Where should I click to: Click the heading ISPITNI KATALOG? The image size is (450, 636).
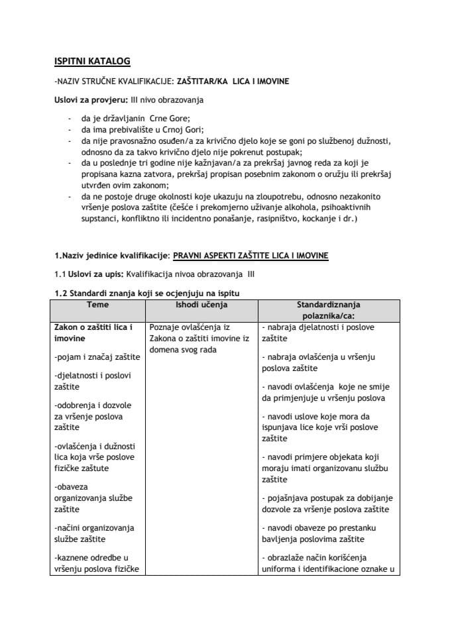[x=91, y=62]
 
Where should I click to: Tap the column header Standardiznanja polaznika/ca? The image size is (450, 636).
[x=329, y=311]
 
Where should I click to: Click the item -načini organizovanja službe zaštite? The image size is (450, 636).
[x=93, y=533]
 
